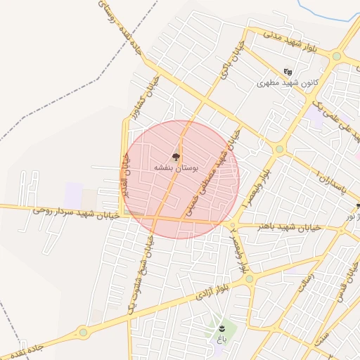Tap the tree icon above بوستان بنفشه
pyautogui.click(x=176, y=157)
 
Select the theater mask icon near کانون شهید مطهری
pyautogui.click(x=288, y=72)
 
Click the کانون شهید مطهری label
pyautogui.click(x=286, y=82)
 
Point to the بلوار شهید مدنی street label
pyautogui.click(x=292, y=41)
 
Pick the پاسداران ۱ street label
pyautogui.click(x=330, y=184)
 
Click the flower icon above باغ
pyautogui.click(x=223, y=328)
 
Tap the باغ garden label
pyautogui.click(x=222, y=340)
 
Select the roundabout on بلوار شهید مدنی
pyautogui.click(x=337, y=56)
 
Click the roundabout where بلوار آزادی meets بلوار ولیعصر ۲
pyautogui.click(x=249, y=279)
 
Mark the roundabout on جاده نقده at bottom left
pyautogui.click(x=83, y=332)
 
